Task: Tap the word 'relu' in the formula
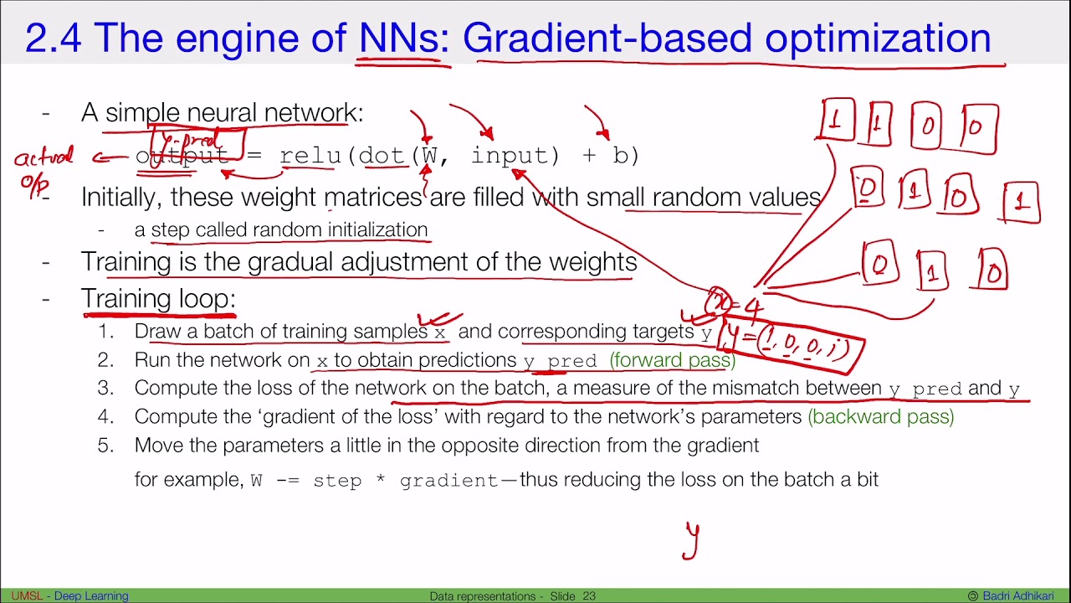[x=310, y=156]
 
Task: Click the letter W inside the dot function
[x=429, y=156]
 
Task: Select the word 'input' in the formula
[x=510, y=156]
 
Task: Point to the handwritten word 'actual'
[x=44, y=157]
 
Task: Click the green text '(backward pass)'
[x=881, y=416]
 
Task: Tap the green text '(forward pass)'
[x=673, y=360]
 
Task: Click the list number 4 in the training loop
[x=105, y=416]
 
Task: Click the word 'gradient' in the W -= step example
[x=449, y=481]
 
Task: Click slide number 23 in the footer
[x=589, y=596]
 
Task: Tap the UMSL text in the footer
[x=26, y=596]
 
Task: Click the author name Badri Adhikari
[x=1023, y=596]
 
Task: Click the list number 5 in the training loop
[x=105, y=445]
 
